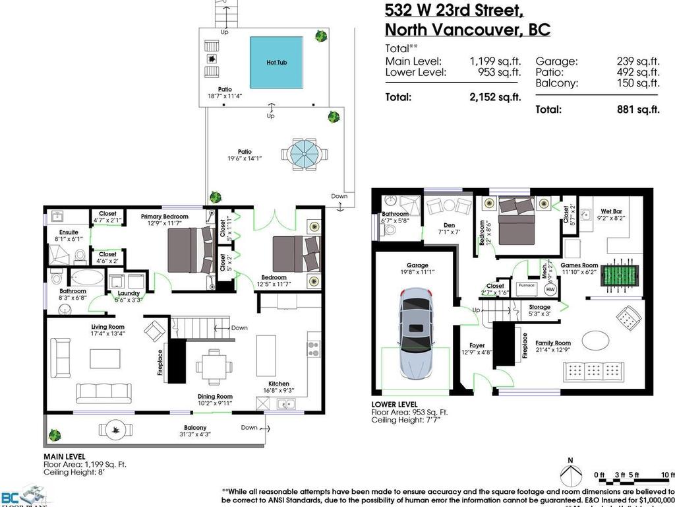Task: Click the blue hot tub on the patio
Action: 276,62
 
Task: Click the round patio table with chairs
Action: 304,154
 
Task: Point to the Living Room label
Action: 108,327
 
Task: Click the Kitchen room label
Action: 278,384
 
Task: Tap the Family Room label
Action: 553,343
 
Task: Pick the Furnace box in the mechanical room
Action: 526,285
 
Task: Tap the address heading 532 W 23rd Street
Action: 454,10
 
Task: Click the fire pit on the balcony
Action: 119,430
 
